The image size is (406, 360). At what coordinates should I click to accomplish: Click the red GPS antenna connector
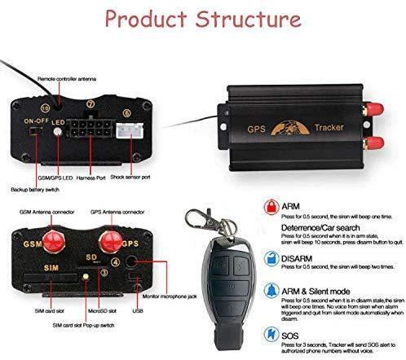109,240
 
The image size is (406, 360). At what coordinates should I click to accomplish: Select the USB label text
137,310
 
